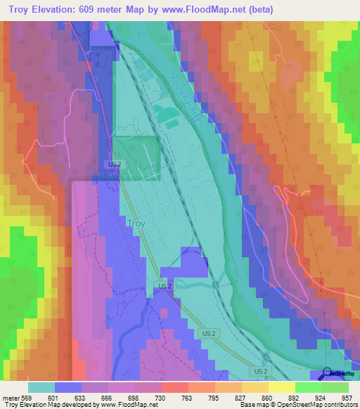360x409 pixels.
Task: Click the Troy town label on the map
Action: [137, 223]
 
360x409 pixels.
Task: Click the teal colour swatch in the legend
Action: [41, 387]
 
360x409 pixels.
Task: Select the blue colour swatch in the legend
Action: [68, 387]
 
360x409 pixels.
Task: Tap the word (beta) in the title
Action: [258, 9]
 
